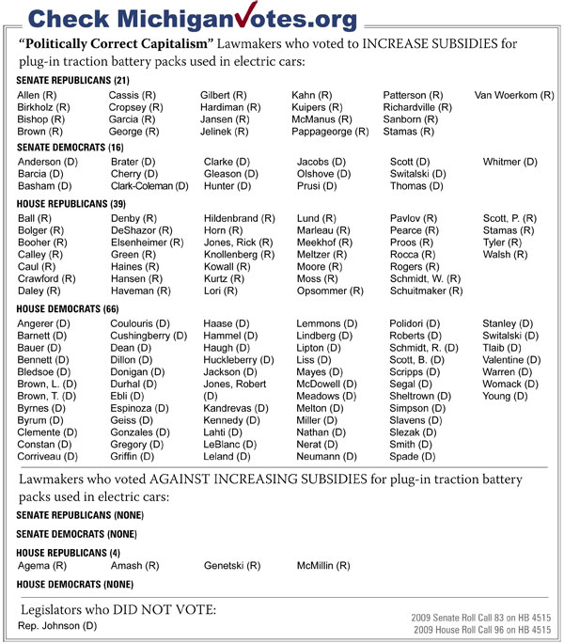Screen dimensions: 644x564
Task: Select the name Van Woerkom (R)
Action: (514, 96)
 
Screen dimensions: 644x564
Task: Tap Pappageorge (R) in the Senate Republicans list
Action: (330, 133)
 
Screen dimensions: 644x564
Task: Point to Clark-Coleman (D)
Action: (148, 186)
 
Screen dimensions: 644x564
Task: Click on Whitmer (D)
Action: (510, 162)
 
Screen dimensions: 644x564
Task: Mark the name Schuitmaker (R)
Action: (427, 291)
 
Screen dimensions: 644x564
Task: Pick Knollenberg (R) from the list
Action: (239, 255)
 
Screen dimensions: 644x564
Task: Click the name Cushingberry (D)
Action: (148, 336)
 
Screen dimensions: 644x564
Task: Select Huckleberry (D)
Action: (240, 359)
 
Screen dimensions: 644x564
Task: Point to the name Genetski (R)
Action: (231, 566)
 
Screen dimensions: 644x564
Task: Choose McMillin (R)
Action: (323, 566)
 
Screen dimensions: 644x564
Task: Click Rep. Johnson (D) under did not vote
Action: (58, 625)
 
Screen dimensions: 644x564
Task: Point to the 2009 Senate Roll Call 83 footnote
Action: (481, 617)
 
